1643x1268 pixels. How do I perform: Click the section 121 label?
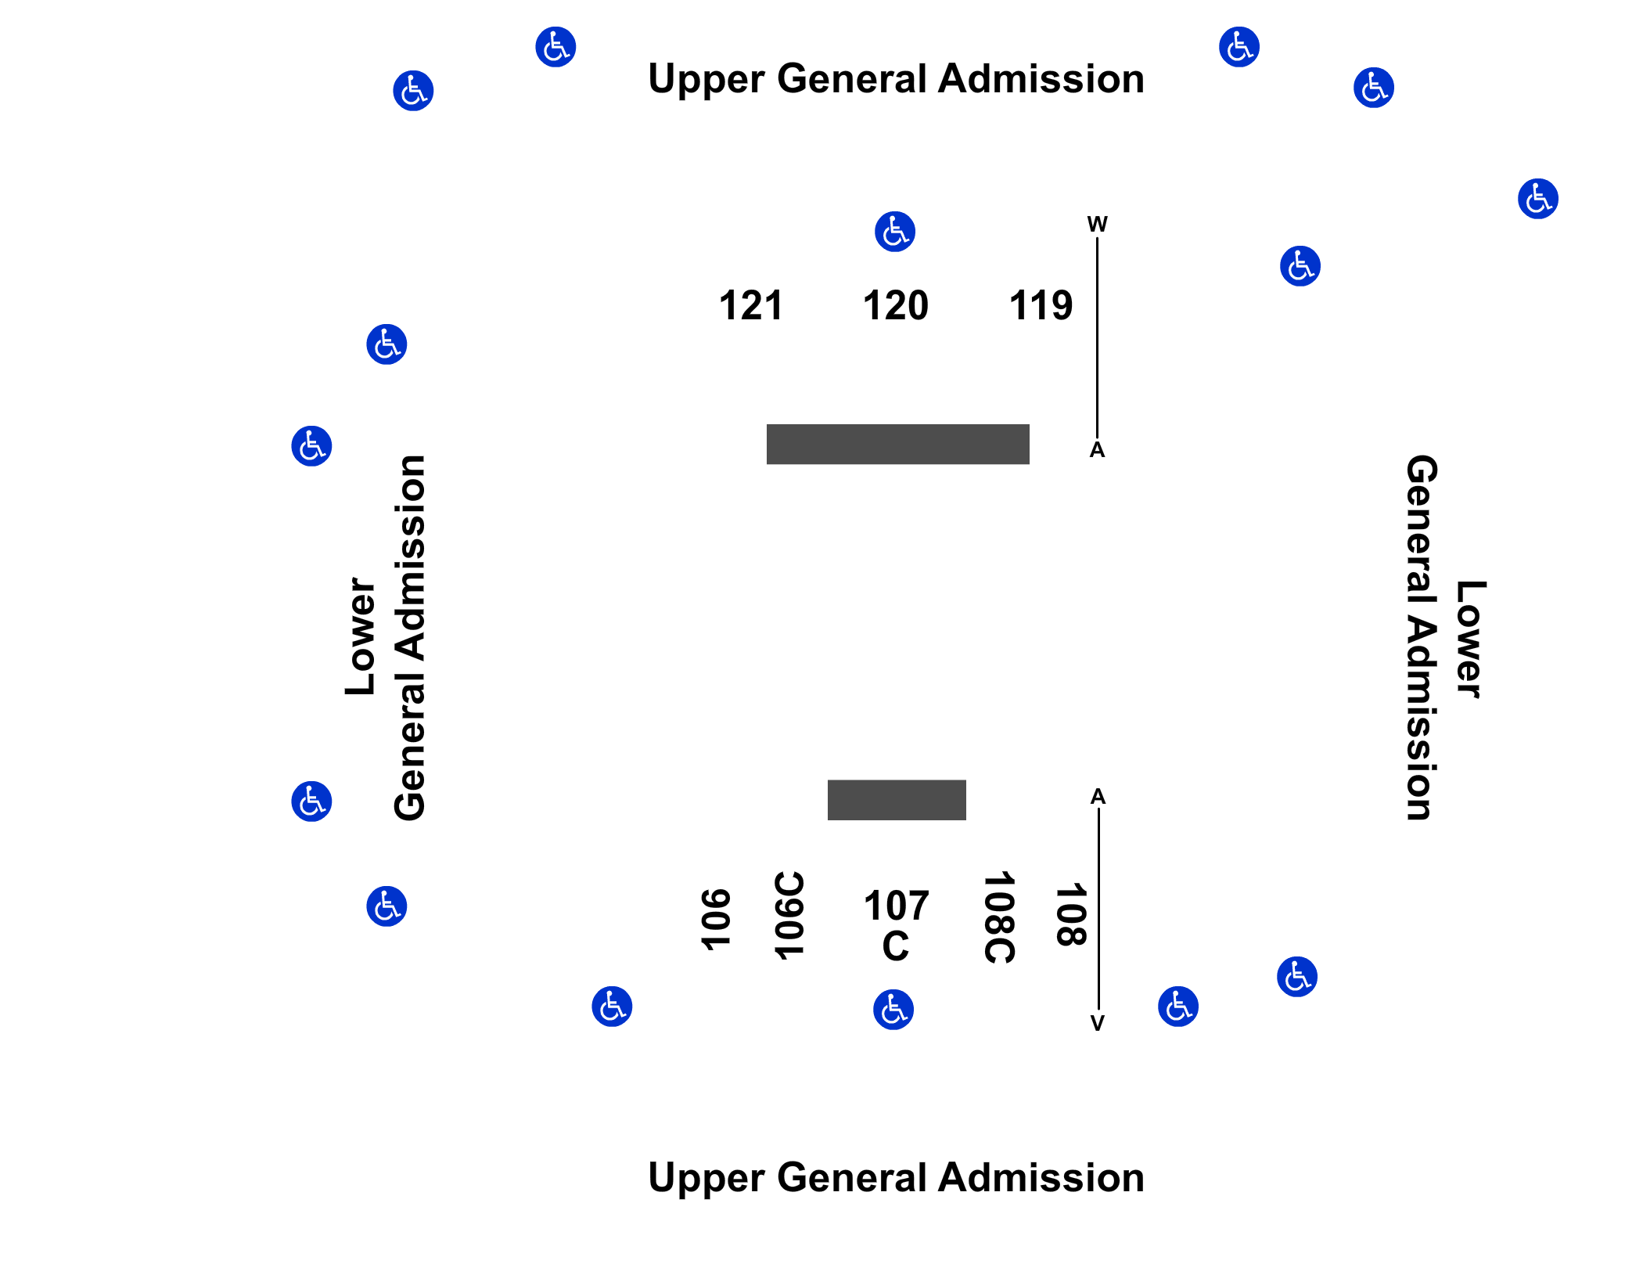coord(750,305)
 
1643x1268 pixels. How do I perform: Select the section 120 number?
coord(895,305)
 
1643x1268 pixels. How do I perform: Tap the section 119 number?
coord(1041,305)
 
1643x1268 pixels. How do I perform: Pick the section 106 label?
coord(714,920)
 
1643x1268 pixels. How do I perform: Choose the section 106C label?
coord(789,915)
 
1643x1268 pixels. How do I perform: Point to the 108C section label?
coord(1000,917)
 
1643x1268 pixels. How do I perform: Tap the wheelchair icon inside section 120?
coord(895,232)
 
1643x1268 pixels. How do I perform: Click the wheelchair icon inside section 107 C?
coord(893,1010)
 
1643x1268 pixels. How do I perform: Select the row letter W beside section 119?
coord(1097,225)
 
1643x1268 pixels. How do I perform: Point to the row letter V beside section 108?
coord(1098,1023)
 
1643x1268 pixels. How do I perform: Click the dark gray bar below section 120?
coord(897,444)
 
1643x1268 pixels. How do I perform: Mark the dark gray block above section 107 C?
coord(897,800)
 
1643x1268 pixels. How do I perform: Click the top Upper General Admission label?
coord(896,79)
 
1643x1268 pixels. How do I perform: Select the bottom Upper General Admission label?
coord(896,1177)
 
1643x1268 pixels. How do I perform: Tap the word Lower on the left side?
coord(361,636)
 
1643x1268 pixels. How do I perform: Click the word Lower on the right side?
coord(1470,639)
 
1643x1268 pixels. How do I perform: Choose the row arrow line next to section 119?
coord(1097,337)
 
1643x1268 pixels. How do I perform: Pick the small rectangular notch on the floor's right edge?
coord(1337,621)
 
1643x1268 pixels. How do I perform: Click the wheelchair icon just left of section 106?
coord(612,1007)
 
